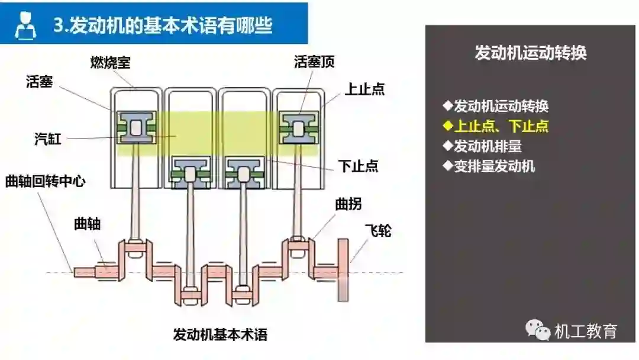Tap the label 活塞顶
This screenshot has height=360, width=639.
(x=314, y=62)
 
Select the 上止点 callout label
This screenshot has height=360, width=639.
(x=365, y=89)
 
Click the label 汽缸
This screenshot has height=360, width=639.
(x=48, y=140)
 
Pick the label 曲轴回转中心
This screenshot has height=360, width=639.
(x=45, y=181)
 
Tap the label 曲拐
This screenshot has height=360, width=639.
(x=348, y=205)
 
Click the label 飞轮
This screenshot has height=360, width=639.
(x=377, y=230)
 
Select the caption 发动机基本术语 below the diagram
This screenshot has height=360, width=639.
(x=220, y=335)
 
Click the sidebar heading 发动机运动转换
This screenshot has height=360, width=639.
(x=531, y=53)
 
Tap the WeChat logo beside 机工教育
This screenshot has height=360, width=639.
(x=537, y=330)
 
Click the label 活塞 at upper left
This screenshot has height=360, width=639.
(x=40, y=82)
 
